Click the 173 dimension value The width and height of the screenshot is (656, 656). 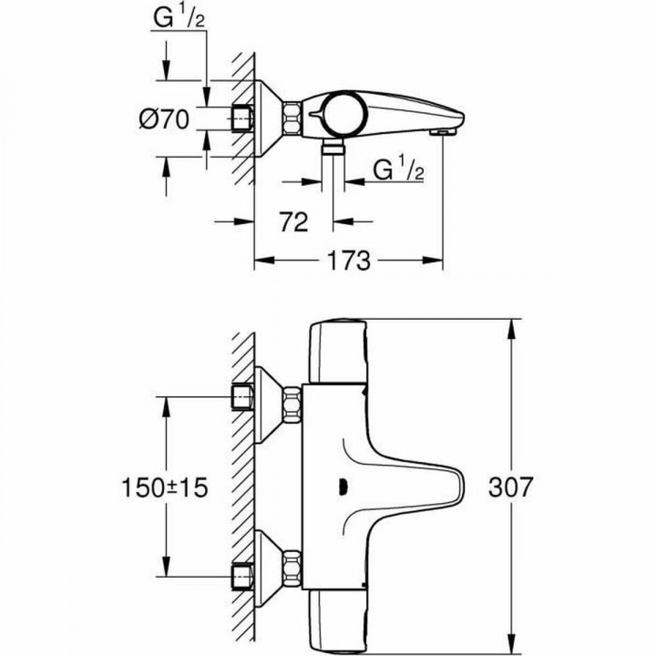pos(347,261)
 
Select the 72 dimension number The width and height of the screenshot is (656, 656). pos(293,222)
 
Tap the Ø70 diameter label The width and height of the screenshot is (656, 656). pos(164,119)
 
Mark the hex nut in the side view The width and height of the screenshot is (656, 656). pos(292,119)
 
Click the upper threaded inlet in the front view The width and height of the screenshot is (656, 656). pos(241,397)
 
